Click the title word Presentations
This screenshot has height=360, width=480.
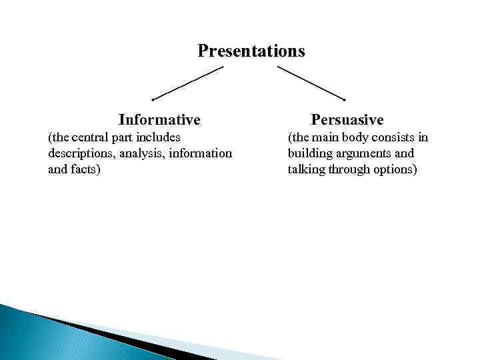pyautogui.click(x=251, y=51)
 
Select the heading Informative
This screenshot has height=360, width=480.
pyautogui.click(x=159, y=120)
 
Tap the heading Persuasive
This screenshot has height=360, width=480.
pyautogui.click(x=347, y=120)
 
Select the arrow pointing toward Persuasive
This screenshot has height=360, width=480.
pyautogui.click(x=311, y=83)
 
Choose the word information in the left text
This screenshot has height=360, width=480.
pyautogui.click(x=200, y=153)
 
